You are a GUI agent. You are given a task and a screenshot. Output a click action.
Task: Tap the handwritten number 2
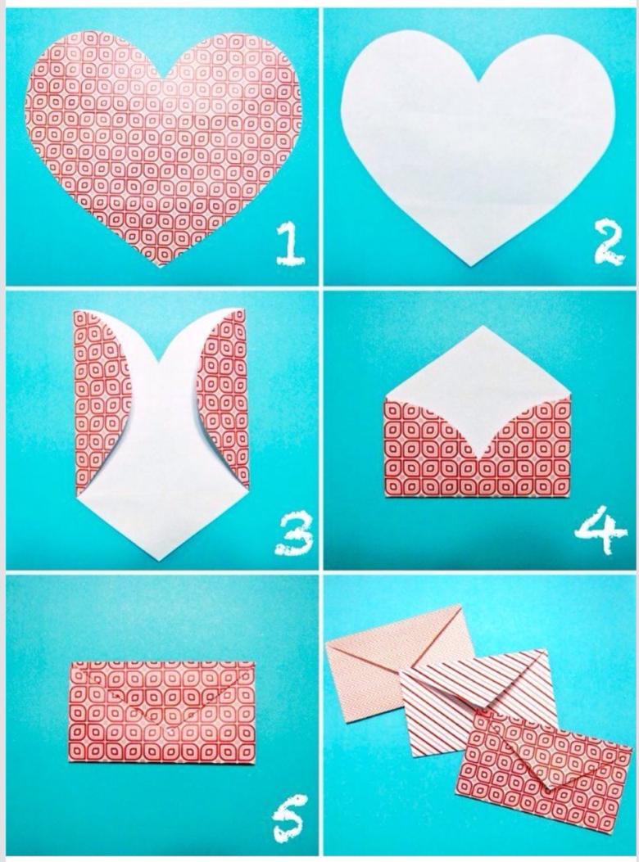[607, 241]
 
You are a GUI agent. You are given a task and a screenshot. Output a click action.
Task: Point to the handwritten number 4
[600, 530]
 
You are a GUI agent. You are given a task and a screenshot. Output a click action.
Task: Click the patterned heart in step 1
[163, 143]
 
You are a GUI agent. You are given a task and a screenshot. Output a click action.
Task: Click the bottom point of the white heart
[472, 267]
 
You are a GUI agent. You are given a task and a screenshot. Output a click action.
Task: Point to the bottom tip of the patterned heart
[158, 266]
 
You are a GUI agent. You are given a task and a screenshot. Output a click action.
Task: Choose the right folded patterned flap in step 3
[225, 385]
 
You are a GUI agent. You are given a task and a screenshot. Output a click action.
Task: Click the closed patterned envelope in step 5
[162, 712]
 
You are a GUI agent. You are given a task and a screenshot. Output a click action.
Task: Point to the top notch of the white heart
[478, 82]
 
